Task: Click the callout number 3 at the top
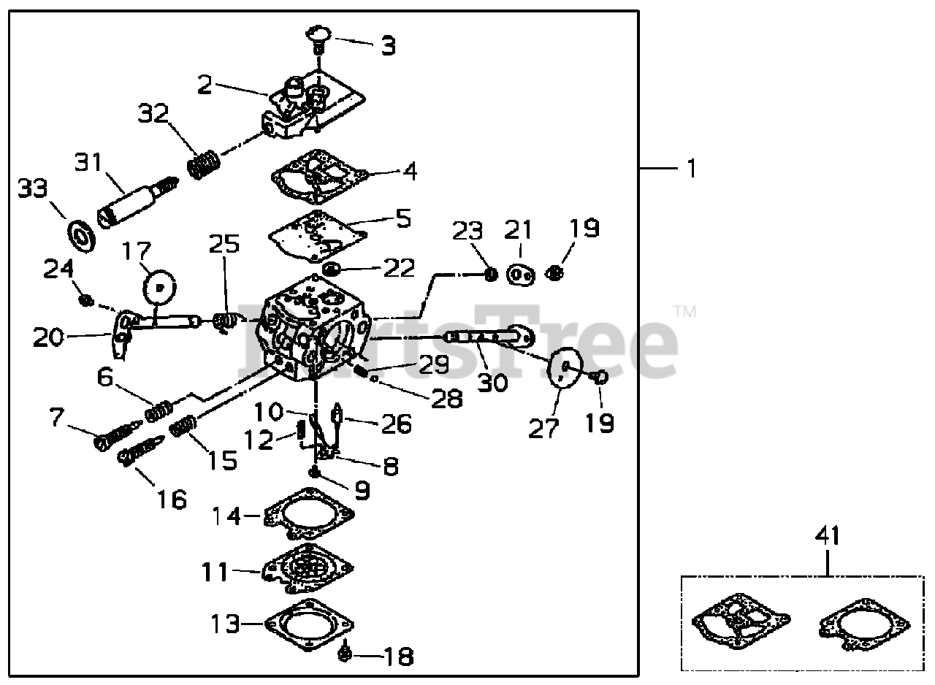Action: (388, 45)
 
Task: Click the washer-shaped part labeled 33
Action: (82, 235)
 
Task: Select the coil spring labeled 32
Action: (203, 165)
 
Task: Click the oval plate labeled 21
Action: (520, 275)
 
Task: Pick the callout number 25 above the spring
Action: (224, 245)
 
